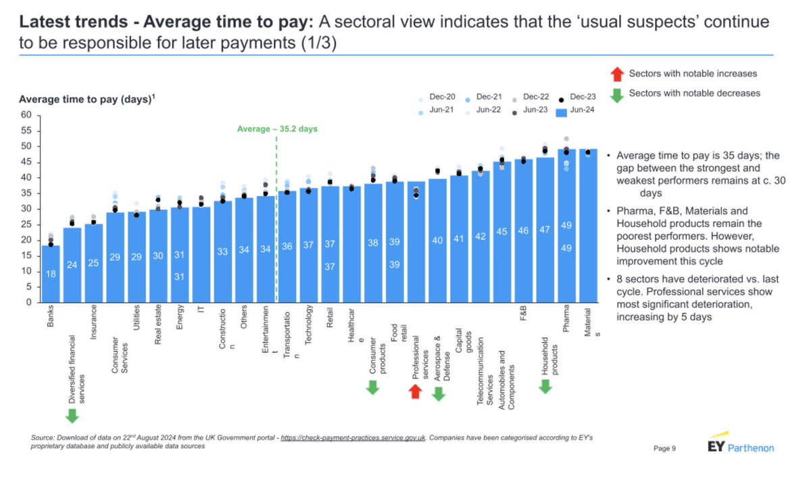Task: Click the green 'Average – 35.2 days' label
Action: coord(277,128)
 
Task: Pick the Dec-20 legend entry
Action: coord(437,97)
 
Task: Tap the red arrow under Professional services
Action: coord(416,391)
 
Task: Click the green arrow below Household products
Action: coord(545,386)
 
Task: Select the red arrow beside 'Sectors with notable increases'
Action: coord(616,73)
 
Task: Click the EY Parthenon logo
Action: coord(740,447)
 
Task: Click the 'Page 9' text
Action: coord(665,448)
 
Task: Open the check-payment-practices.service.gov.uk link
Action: coord(353,439)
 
